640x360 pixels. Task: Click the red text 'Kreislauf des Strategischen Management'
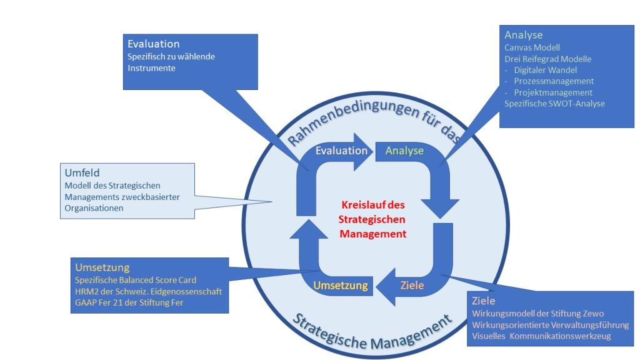[x=372, y=219]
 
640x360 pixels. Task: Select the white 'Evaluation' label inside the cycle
[x=342, y=151]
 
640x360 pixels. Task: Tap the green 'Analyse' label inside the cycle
[x=404, y=151]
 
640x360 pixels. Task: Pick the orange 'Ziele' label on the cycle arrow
[x=412, y=285]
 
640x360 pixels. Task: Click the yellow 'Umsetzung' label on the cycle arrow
[x=341, y=285]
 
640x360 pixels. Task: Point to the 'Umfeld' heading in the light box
[x=82, y=172]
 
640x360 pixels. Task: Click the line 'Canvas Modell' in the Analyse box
[x=532, y=47]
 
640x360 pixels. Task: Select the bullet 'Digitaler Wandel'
[x=545, y=70]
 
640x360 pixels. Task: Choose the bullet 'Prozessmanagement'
[x=554, y=81]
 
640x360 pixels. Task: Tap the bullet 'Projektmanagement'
[x=553, y=92]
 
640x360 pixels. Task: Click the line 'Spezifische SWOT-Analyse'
[x=555, y=104]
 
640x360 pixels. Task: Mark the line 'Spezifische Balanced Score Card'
[x=136, y=281]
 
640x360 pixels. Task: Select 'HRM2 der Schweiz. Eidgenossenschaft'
[x=149, y=292]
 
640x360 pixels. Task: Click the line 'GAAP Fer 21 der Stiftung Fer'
[x=129, y=303]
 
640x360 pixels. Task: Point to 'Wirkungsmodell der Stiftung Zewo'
[x=538, y=314]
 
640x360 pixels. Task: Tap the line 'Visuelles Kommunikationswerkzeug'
[x=542, y=336]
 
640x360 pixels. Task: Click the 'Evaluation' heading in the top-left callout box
[x=154, y=44]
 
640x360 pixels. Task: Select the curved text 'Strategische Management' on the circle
[x=372, y=332]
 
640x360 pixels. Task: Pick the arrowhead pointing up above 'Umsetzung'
[x=309, y=229]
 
